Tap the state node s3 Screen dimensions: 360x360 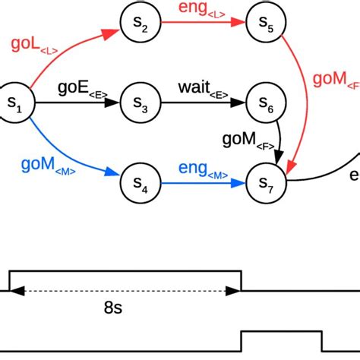[x=140, y=103]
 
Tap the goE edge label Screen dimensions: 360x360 [x=79, y=90]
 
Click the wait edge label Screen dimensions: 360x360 [x=201, y=90]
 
